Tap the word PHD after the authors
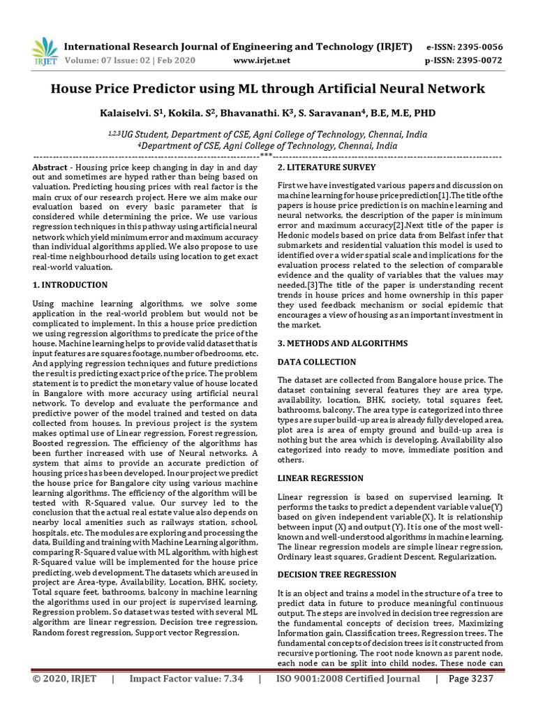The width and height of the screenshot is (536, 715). (x=425, y=113)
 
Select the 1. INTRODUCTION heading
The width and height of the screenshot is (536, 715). (x=70, y=285)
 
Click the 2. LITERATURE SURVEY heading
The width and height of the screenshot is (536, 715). (x=327, y=168)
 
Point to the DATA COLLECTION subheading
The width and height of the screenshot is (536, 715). (x=316, y=362)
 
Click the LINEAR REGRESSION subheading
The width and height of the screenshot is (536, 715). (x=320, y=478)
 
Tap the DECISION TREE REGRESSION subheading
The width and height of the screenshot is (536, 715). (x=336, y=574)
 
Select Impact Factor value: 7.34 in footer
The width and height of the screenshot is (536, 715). (x=186, y=698)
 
